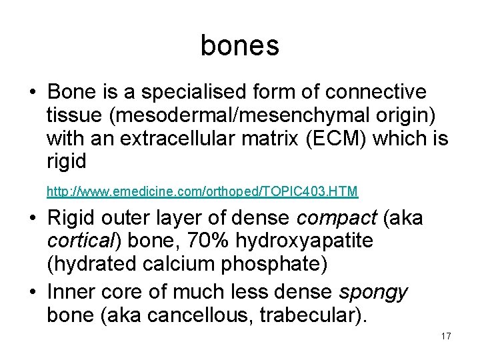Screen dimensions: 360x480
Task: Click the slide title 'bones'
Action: (x=239, y=45)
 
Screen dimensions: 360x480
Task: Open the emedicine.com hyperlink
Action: (x=202, y=192)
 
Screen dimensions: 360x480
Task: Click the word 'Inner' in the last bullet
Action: (x=71, y=292)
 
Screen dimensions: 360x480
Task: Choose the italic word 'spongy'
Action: (x=373, y=292)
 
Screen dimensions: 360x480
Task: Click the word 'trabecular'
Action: (x=311, y=315)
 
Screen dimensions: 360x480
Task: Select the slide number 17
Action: (x=446, y=336)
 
